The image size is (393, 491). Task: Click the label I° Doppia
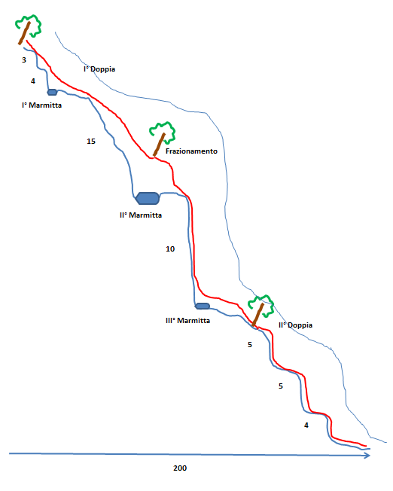coord(99,69)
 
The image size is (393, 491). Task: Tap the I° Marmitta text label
coord(41,105)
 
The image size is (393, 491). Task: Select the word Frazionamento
coord(191,151)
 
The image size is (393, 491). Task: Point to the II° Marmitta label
coord(141,215)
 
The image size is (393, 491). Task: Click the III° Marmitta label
coord(187,321)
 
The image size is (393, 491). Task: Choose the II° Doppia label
coord(295,325)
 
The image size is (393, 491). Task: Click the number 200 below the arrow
coord(180,468)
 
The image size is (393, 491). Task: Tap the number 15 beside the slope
coord(91,142)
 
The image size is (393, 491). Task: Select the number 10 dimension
coord(170,249)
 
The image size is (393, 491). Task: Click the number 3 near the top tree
coord(24,60)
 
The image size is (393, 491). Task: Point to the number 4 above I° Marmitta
coord(33,81)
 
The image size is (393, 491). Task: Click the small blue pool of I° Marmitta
coord(52,92)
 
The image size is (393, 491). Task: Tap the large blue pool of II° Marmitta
coord(147,198)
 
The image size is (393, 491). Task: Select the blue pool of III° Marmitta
coord(203,306)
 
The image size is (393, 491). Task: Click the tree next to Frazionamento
coord(163,138)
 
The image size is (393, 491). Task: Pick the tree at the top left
coord(28,29)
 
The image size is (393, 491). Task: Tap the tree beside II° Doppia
coord(260,310)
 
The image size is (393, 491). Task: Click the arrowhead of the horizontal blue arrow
coord(367,456)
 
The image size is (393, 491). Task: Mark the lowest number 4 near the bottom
coord(306,425)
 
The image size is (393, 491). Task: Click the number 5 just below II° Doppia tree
coord(250,345)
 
